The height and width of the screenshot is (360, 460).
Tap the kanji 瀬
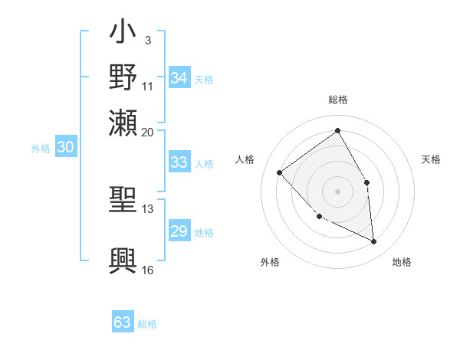tap(123, 122)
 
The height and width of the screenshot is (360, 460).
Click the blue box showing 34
tap(179, 78)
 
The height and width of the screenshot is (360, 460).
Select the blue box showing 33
tap(179, 162)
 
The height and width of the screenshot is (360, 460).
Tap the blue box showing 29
tap(179, 231)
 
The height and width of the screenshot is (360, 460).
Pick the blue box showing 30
tap(66, 148)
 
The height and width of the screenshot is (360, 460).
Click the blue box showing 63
tap(123, 322)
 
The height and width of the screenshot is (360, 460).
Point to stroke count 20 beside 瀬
tap(148, 132)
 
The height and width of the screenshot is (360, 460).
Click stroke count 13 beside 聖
tap(148, 208)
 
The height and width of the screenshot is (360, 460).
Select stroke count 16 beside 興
tap(148, 270)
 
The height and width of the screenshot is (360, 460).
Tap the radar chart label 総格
tap(337, 100)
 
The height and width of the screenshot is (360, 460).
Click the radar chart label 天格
tap(431, 159)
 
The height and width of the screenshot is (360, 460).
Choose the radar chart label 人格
tap(245, 159)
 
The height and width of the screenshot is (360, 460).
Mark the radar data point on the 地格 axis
tap(373, 241)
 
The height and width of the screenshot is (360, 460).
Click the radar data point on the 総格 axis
tap(337, 130)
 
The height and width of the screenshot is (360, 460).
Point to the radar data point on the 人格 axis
tap(280, 172)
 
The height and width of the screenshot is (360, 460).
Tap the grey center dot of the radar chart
tap(337, 191)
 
